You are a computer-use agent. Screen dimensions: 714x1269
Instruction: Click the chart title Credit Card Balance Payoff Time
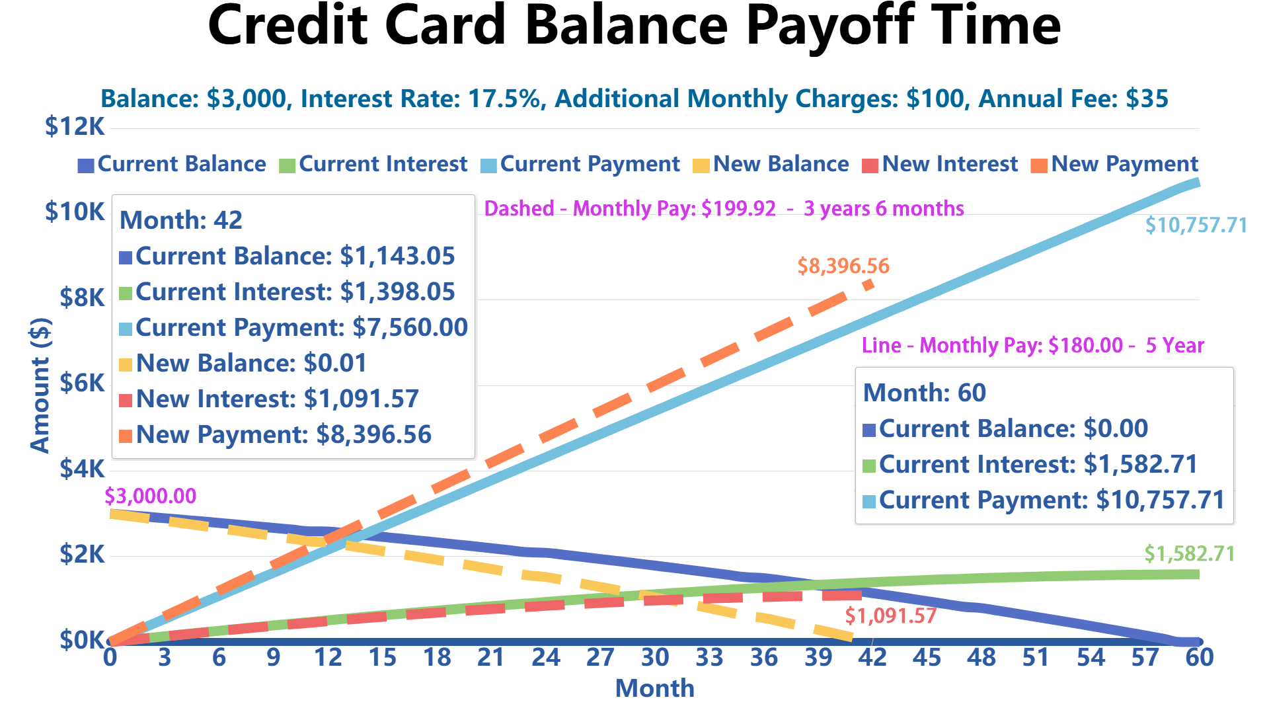pyautogui.click(x=634, y=26)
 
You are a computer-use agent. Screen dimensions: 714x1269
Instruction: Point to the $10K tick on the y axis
pyautogui.click(x=75, y=212)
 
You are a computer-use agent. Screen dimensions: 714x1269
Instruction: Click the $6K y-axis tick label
pyautogui.click(x=82, y=383)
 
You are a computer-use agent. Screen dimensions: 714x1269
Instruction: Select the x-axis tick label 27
pyautogui.click(x=600, y=658)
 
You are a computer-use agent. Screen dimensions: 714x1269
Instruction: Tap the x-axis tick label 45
pyautogui.click(x=927, y=658)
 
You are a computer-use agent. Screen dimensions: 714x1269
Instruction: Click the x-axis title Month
pyautogui.click(x=654, y=689)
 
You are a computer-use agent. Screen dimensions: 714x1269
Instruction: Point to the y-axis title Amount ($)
pyautogui.click(x=40, y=385)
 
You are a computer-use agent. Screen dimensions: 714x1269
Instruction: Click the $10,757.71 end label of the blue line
pyautogui.click(x=1196, y=225)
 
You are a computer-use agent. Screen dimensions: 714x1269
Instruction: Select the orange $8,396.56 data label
pyautogui.click(x=843, y=266)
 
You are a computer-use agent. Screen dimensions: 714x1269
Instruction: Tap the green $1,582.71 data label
pyautogui.click(x=1189, y=553)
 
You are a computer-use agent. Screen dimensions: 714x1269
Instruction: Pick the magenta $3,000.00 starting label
pyautogui.click(x=151, y=496)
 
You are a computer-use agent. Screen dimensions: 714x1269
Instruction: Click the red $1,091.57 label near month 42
pyautogui.click(x=890, y=616)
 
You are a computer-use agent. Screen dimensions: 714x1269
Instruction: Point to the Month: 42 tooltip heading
pyautogui.click(x=181, y=220)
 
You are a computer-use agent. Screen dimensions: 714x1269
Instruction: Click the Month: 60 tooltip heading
pyautogui.click(x=924, y=393)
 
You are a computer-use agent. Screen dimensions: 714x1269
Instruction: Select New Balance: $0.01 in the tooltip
pyautogui.click(x=251, y=363)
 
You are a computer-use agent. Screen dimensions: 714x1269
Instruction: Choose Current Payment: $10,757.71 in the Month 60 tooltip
pyautogui.click(x=1051, y=500)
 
